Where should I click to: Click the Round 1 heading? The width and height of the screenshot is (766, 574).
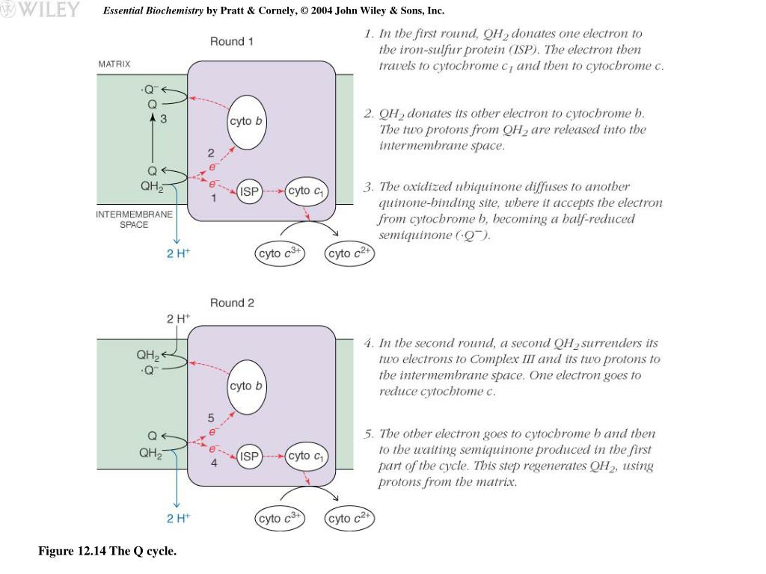(231, 42)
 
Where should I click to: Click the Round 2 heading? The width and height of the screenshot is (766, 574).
(232, 303)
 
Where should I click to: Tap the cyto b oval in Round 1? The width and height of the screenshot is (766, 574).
(246, 121)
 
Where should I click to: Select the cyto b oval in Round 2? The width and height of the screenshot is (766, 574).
(246, 386)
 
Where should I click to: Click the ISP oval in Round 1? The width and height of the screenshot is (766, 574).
(249, 192)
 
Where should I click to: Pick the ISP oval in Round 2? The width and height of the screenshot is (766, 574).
(249, 456)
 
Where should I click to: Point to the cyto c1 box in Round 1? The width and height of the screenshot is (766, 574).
(307, 191)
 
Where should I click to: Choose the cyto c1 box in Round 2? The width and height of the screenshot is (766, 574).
(307, 456)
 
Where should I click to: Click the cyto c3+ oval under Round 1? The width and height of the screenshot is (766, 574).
(280, 253)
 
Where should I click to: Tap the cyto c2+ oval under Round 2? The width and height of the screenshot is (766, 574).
(349, 518)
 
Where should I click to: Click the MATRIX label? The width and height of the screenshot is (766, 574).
(114, 64)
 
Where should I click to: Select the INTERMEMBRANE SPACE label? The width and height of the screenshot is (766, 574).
(134, 219)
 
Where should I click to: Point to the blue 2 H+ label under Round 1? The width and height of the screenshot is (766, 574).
(178, 253)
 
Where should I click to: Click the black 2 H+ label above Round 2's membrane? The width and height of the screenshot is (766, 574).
(178, 318)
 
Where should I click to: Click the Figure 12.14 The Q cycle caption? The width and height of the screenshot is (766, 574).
(108, 552)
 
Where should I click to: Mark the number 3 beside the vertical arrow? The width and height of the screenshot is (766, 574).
(163, 118)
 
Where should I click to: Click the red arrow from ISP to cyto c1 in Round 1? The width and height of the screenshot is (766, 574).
(273, 192)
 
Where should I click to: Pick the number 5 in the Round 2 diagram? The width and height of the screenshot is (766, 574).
(211, 418)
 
